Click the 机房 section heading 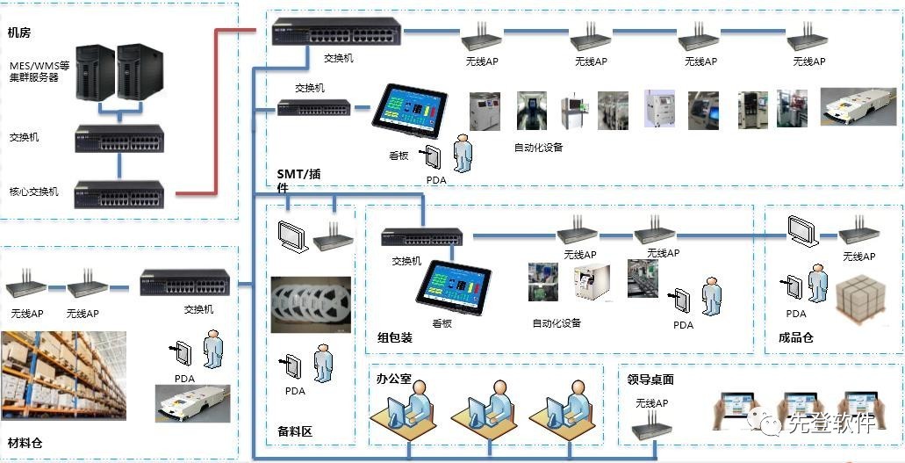[20, 33]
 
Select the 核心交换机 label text [34, 192]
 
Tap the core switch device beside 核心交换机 [119, 192]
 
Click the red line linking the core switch [215, 114]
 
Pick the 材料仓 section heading [25, 443]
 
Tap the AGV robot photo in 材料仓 [192, 406]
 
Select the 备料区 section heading [295, 431]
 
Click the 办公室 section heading [394, 380]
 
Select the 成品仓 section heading [796, 336]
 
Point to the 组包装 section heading [395, 337]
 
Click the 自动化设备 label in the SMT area [538, 148]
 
